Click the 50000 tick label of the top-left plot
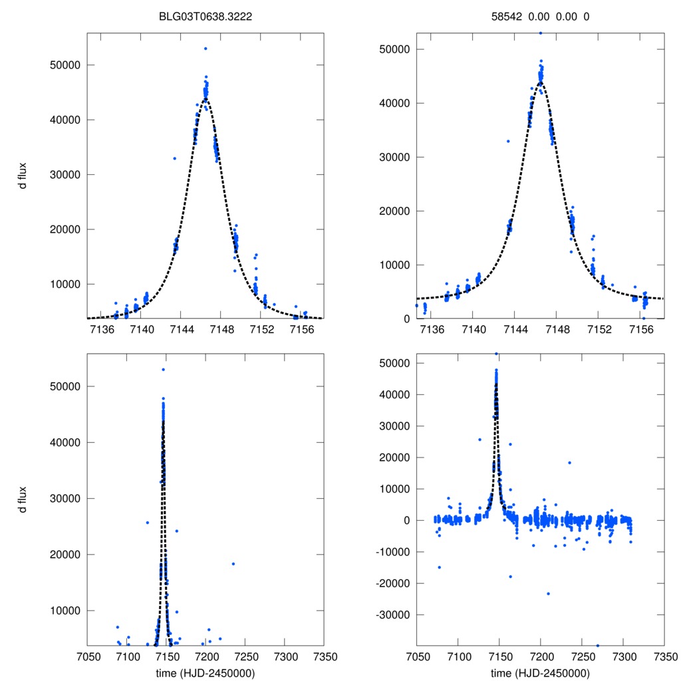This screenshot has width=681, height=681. [x=65, y=65]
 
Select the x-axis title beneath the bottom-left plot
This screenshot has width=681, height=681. [x=205, y=673]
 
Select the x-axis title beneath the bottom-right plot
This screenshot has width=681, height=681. [x=540, y=673]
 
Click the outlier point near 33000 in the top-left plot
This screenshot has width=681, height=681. [x=175, y=158]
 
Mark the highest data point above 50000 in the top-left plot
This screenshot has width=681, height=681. [x=205, y=49]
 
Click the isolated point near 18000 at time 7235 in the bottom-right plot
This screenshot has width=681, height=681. [x=569, y=463]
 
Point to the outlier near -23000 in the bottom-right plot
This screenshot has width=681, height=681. [x=548, y=593]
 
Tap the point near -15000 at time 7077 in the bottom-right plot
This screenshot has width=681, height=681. [x=440, y=567]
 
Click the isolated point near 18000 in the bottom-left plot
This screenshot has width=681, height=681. [x=233, y=564]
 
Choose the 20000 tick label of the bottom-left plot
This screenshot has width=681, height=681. [x=65, y=555]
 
